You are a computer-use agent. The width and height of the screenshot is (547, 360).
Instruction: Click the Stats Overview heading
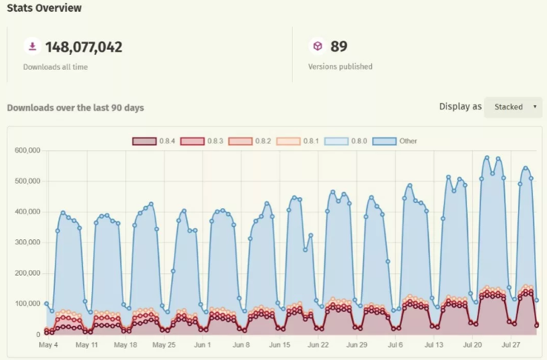(44, 8)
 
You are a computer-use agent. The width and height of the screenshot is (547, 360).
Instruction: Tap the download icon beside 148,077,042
(32, 47)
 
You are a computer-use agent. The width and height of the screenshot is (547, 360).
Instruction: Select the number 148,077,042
(84, 47)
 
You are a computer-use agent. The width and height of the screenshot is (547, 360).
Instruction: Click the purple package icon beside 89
(317, 47)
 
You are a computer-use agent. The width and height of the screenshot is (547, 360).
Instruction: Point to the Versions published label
(340, 67)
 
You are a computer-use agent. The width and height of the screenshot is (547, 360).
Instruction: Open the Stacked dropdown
(513, 107)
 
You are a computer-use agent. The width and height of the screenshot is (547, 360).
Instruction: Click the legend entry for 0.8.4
(153, 141)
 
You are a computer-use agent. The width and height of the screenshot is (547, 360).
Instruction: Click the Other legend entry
(394, 141)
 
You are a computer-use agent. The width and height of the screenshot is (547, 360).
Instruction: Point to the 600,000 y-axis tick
(27, 150)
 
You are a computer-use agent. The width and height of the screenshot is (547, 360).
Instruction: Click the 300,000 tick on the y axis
(27, 242)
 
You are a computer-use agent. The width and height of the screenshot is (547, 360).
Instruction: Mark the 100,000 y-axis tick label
(27, 304)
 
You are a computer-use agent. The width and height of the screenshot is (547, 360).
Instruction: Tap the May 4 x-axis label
(48, 344)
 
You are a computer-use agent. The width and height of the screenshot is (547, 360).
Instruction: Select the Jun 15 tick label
(279, 344)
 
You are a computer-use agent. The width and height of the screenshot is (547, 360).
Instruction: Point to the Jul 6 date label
(395, 344)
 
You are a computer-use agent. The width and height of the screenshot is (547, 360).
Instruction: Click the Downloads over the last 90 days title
(75, 107)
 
